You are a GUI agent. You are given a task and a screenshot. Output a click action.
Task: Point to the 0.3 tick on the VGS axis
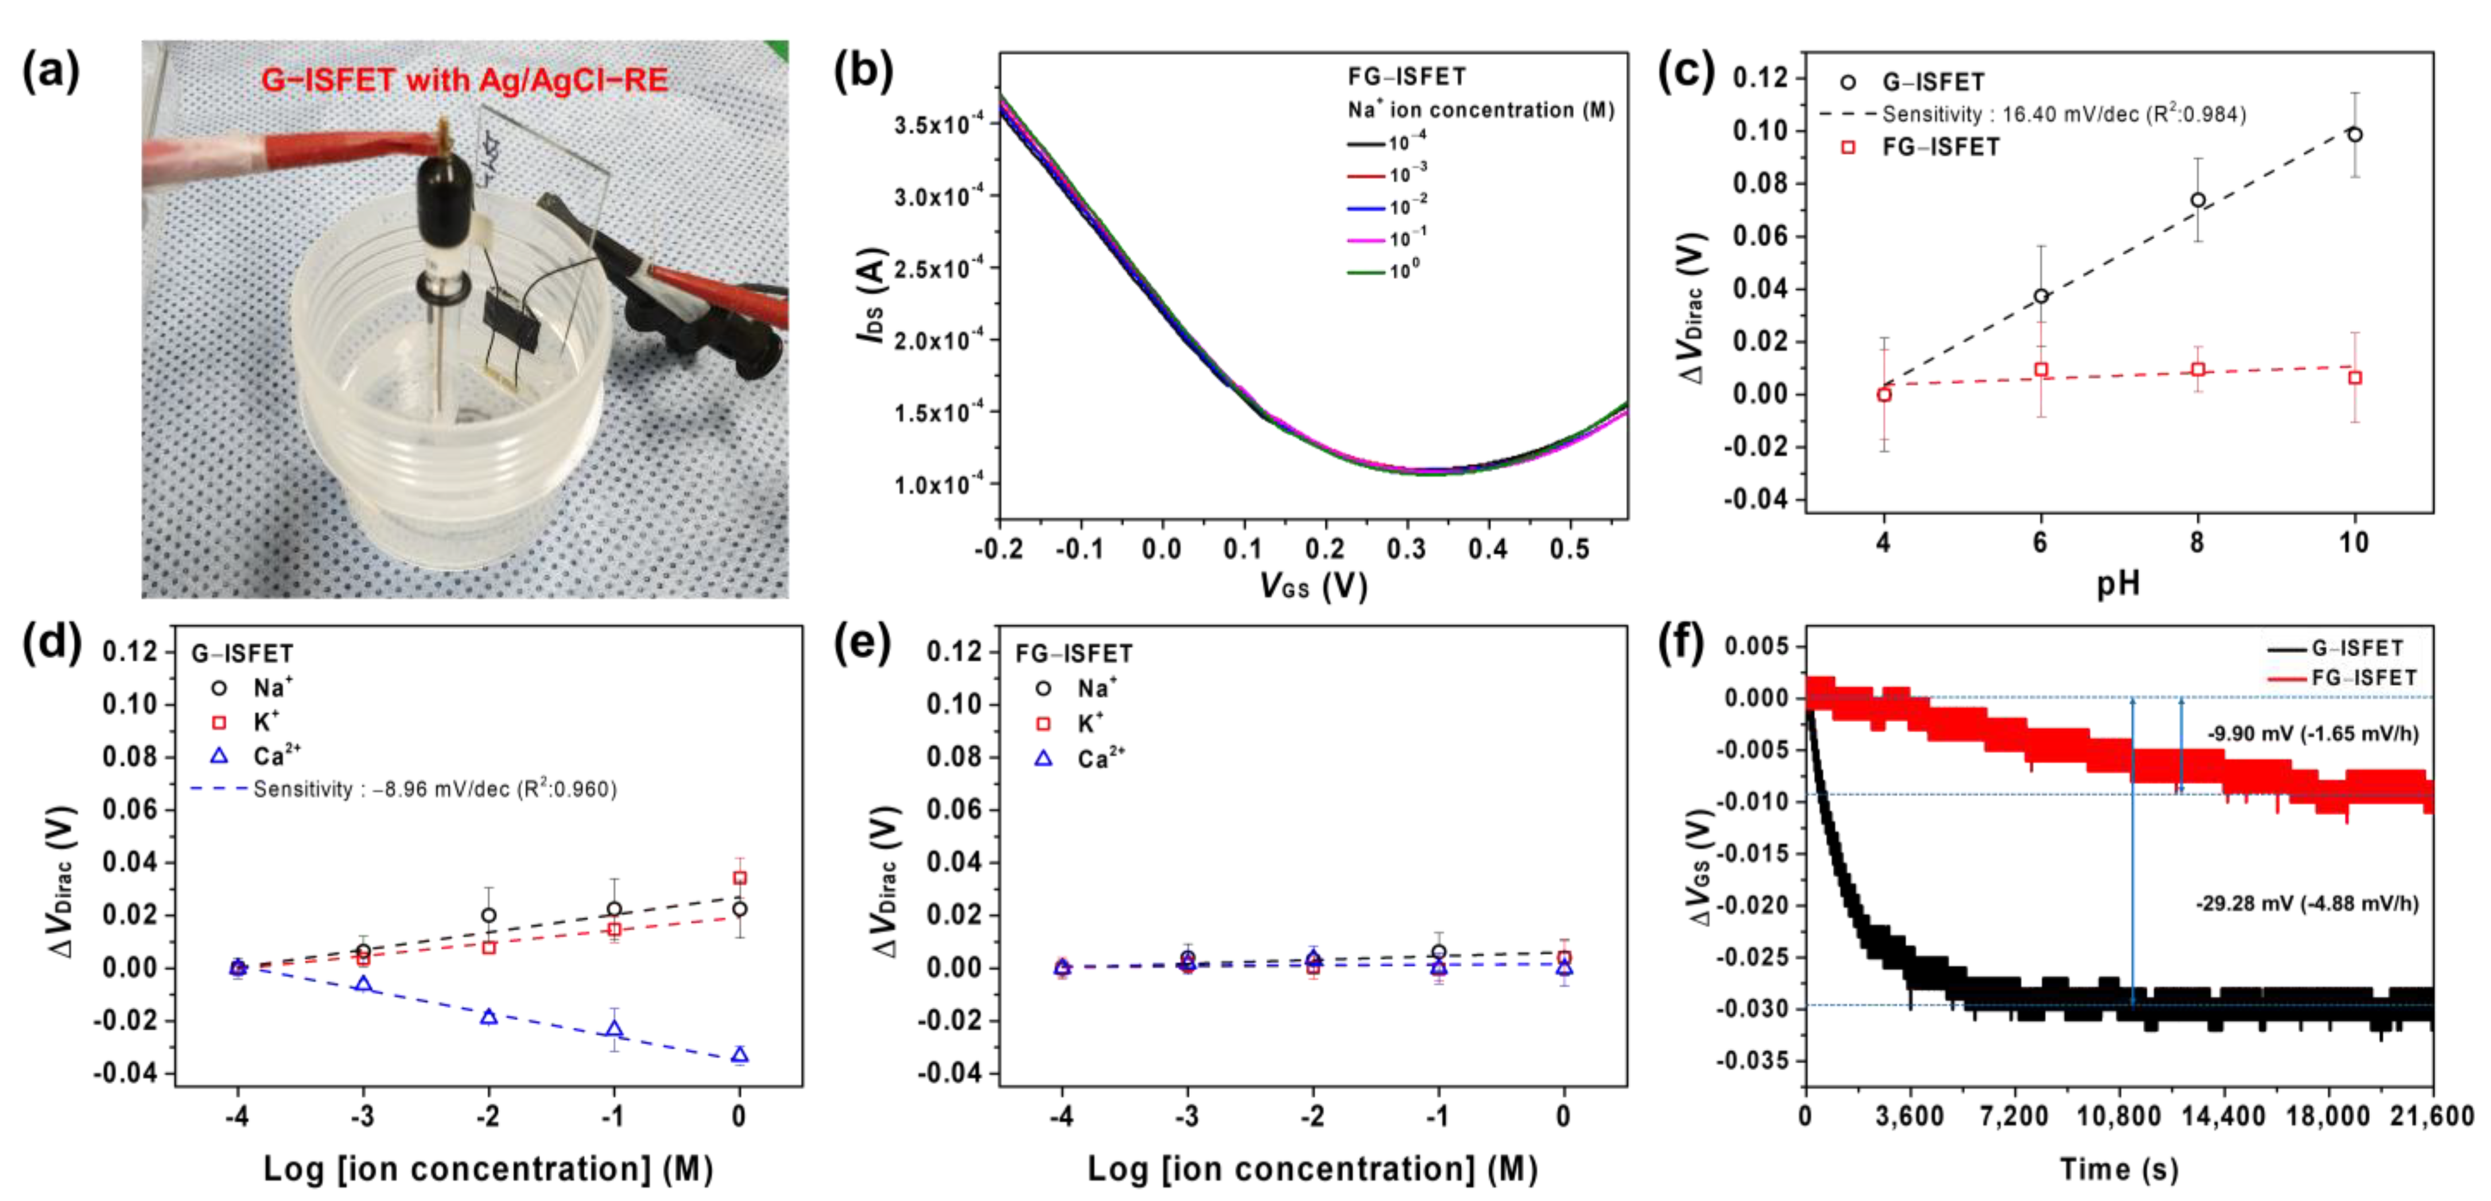(1406, 549)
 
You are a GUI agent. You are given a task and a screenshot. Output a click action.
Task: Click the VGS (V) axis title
(1312, 585)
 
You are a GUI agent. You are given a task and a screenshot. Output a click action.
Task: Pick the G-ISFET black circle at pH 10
(2354, 134)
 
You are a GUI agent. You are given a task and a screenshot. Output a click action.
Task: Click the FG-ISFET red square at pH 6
(2040, 370)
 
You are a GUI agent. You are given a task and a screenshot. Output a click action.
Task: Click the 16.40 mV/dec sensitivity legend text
(2063, 114)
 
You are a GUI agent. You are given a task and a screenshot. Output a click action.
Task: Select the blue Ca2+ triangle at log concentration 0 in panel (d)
(740, 1054)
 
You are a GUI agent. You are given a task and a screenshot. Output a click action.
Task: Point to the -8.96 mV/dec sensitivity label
(434, 789)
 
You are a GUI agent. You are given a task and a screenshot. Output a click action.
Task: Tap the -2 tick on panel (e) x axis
(1312, 1116)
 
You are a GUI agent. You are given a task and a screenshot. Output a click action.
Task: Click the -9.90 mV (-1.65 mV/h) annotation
(2312, 734)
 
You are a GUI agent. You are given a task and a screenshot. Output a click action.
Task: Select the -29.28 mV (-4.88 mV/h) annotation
(2306, 903)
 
